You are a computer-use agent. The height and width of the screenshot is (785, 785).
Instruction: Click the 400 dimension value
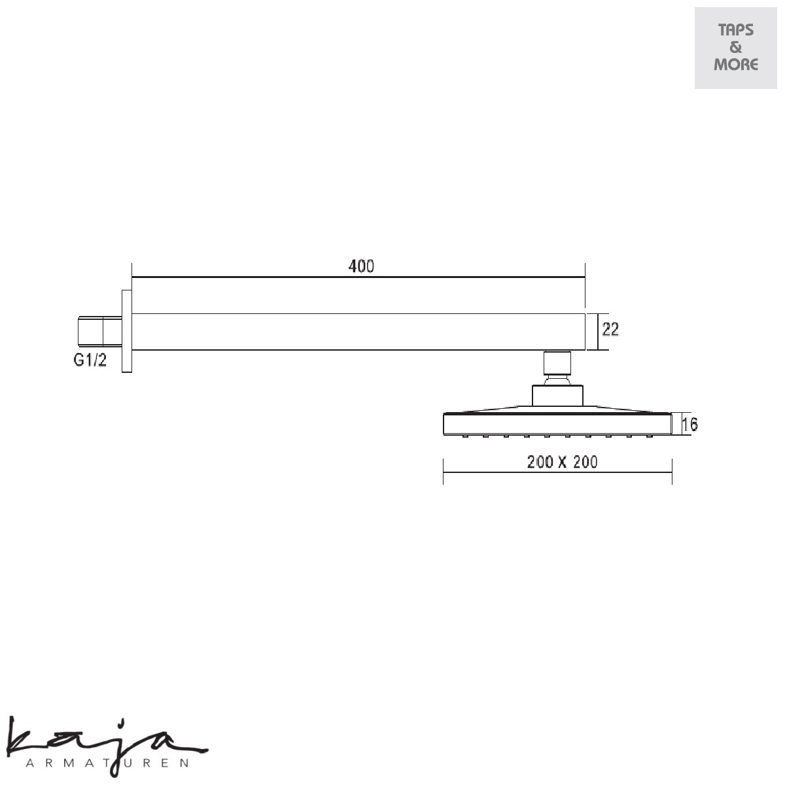(x=361, y=266)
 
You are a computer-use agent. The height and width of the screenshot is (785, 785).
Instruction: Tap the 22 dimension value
(x=610, y=329)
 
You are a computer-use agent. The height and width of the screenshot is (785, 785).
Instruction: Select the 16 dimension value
(x=689, y=425)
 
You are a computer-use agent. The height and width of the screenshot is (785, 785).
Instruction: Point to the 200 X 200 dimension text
(x=562, y=462)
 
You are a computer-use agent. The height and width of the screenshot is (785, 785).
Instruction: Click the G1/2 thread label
(x=90, y=360)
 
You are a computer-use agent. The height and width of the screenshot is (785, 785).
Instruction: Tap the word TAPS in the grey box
(x=736, y=30)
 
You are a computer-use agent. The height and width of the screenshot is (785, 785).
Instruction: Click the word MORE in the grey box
(x=736, y=65)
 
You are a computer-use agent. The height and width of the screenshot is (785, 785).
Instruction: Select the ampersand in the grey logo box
(x=735, y=47)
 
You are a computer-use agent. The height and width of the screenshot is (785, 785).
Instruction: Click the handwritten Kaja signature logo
(x=108, y=744)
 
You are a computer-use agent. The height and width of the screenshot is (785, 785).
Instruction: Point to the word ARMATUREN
(x=107, y=763)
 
